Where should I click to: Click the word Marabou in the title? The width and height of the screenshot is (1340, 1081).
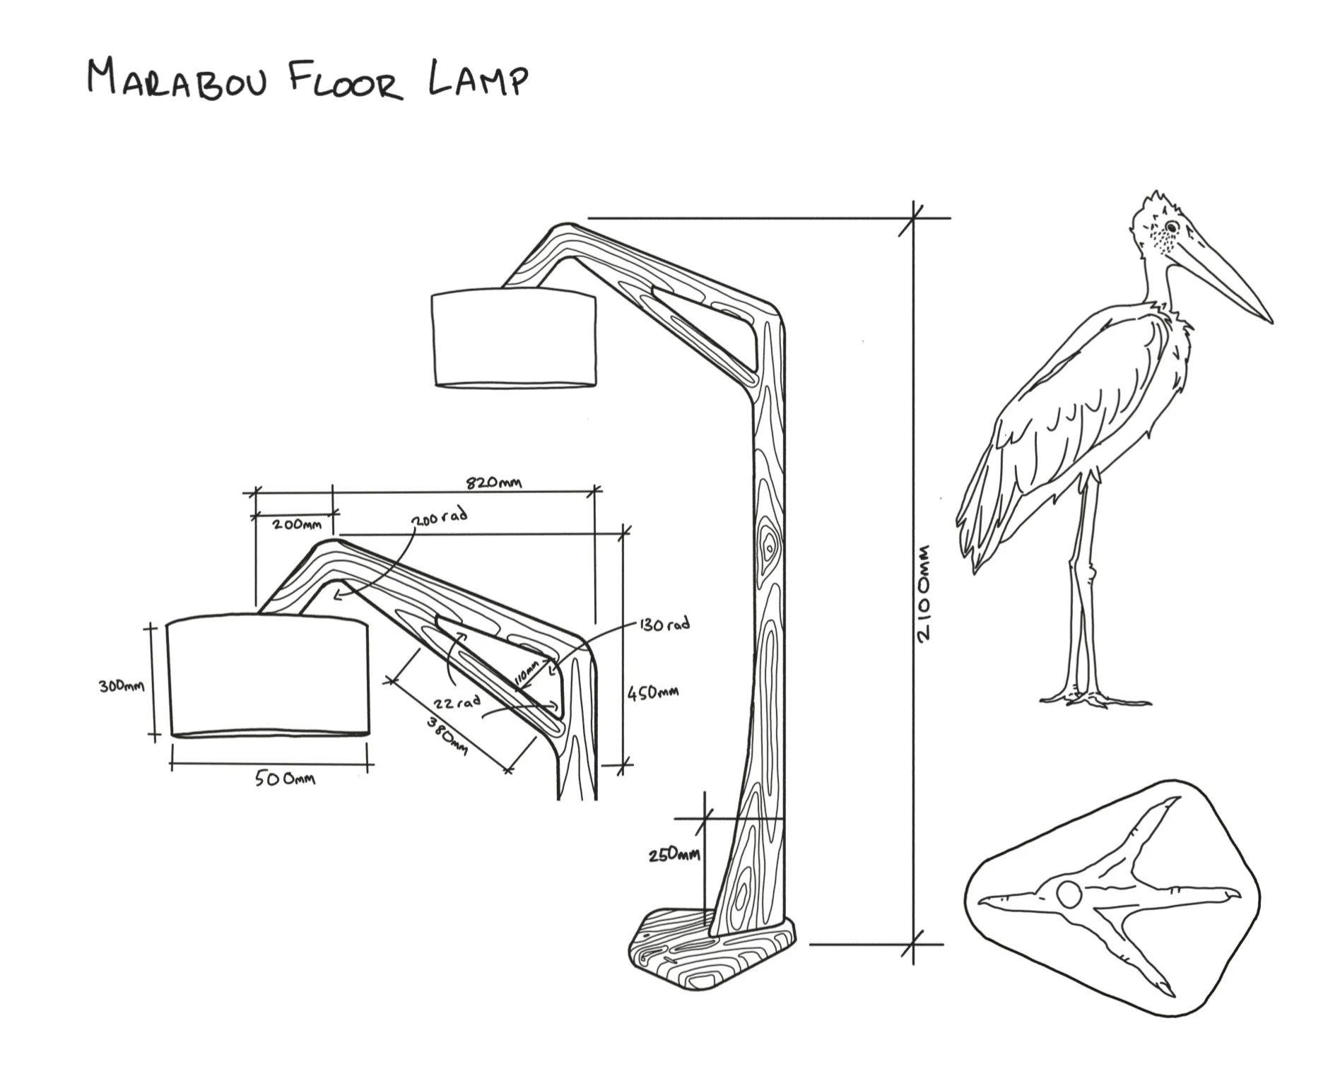coord(177,79)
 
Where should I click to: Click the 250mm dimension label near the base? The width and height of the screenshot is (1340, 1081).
coord(674,855)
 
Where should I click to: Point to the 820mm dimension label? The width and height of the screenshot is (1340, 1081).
coord(493,483)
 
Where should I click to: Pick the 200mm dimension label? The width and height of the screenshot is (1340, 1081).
coord(297,524)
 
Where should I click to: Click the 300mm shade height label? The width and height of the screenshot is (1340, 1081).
coord(122,685)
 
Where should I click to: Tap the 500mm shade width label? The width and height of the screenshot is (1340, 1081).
coord(285,779)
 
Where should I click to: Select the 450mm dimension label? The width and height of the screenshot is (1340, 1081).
coord(654,692)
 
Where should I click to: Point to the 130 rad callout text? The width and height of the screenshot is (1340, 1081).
coord(664,625)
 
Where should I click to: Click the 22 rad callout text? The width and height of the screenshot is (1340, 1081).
coord(457,702)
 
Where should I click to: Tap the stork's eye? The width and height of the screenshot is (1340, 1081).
coord(1171,227)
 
